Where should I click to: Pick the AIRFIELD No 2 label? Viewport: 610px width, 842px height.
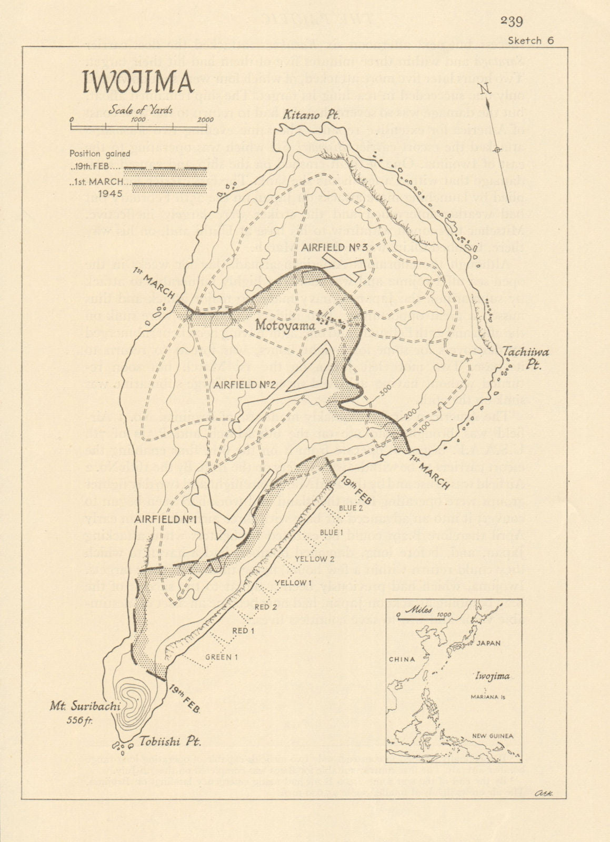tap(245, 384)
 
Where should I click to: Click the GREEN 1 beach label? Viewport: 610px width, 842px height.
tap(222, 657)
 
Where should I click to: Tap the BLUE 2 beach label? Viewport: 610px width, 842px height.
tap(351, 508)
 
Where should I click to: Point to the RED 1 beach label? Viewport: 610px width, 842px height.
tap(243, 630)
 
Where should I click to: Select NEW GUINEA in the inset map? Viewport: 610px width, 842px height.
tap(492, 736)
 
